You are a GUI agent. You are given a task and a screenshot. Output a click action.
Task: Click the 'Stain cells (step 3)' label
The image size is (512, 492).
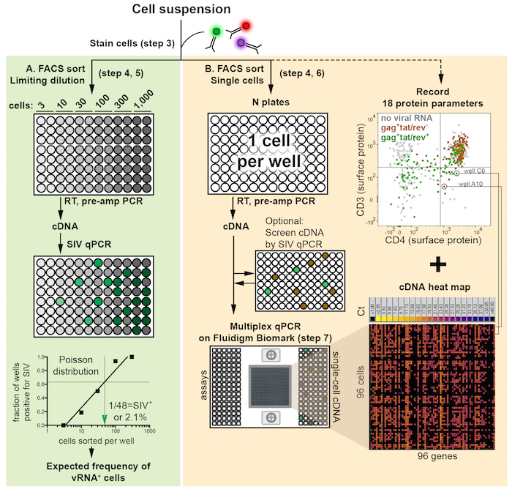(x=132, y=43)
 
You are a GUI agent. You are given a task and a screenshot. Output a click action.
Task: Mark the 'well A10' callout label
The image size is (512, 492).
(x=474, y=184)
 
